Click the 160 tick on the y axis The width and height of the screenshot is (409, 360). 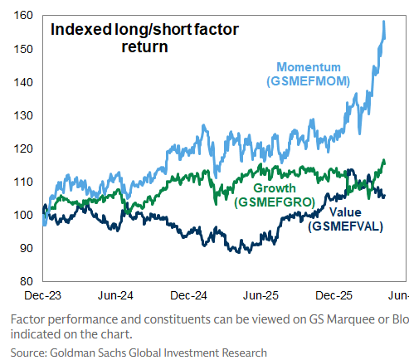tap(23, 16)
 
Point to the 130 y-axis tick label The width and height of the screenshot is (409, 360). tap(23, 115)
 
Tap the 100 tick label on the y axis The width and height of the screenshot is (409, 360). tap(23, 215)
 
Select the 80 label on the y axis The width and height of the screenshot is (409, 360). tap(27, 281)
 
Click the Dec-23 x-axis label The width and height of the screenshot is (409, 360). tap(42, 295)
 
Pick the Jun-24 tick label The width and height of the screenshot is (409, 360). tap(115, 295)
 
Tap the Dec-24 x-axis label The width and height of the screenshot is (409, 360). tap(188, 295)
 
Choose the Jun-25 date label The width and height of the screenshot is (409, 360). tap(260, 295)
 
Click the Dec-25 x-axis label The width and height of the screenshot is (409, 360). tap(334, 295)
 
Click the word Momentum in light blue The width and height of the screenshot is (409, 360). tap(309, 67)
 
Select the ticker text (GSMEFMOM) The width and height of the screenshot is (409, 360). tap(309, 81)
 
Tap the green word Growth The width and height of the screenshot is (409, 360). tap(275, 188)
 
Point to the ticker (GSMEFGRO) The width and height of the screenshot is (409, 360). tap(275, 202)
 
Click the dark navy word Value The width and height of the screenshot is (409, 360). tap(345, 212)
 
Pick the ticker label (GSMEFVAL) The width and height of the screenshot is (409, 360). tap(346, 226)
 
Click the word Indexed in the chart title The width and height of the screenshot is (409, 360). tap(81, 29)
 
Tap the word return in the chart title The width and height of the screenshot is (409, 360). tap(144, 46)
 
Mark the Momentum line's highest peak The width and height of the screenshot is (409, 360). tap(383, 21)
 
